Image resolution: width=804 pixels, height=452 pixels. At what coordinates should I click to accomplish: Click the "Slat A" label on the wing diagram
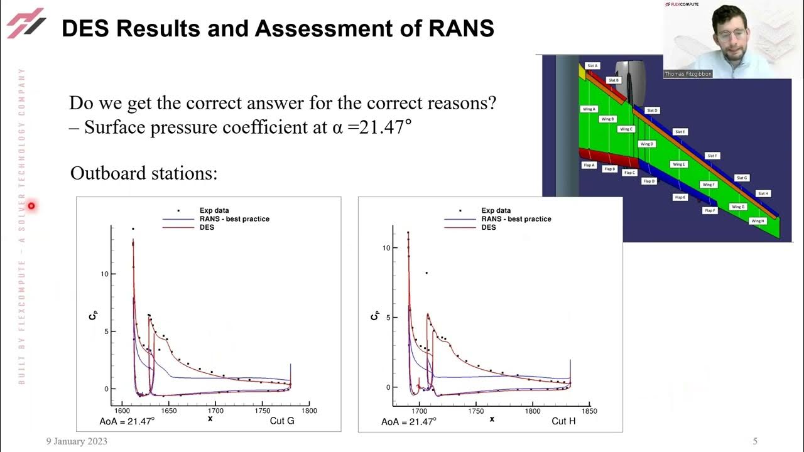pos(592,65)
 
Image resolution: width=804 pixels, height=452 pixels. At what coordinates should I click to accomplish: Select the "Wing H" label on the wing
pos(758,221)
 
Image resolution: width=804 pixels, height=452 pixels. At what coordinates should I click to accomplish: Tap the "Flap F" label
pos(710,210)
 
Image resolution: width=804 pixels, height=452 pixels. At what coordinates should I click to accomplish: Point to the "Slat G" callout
pos(742,178)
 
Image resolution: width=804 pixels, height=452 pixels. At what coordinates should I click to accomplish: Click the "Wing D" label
pos(646,144)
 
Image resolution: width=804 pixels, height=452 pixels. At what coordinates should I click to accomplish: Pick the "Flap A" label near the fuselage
pos(589,165)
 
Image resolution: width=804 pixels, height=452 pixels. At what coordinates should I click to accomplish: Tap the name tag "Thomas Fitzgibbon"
pos(688,74)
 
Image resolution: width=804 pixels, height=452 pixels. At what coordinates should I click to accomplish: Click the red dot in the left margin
pos(31,206)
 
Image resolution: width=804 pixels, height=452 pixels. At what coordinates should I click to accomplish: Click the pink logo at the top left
pos(26,23)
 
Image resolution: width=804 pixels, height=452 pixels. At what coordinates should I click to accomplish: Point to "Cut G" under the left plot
pos(281,421)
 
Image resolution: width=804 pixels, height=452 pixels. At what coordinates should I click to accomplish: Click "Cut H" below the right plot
pos(563,421)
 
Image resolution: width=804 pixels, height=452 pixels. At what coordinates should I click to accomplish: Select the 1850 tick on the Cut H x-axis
pos(589,411)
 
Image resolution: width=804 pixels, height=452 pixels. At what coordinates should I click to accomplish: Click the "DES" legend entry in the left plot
pos(206,227)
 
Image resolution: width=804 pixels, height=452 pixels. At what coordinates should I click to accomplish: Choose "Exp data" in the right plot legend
pos(496,210)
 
